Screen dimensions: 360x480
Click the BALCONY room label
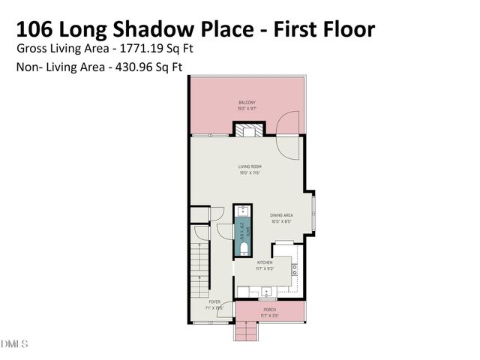pyautogui.click(x=247, y=102)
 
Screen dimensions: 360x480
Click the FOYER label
pyautogui.click(x=214, y=301)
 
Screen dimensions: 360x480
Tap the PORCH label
pyautogui.click(x=269, y=309)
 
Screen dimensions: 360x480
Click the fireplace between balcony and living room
pyautogui.click(x=247, y=130)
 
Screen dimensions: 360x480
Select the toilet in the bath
pyautogui.click(x=243, y=245)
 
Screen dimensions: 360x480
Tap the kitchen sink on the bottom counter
pyautogui.click(x=253, y=292)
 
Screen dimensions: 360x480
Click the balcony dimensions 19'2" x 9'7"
pyautogui.click(x=247, y=109)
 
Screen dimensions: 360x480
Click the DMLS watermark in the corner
pyautogui.click(x=14, y=344)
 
